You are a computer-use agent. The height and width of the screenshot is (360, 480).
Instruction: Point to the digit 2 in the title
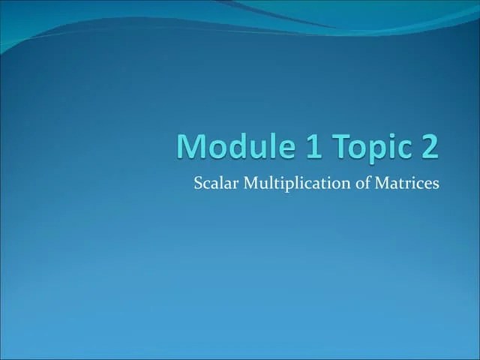[427, 145]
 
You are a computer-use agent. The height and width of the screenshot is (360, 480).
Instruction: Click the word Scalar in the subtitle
[213, 183]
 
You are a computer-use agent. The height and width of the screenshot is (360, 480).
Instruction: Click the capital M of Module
[192, 145]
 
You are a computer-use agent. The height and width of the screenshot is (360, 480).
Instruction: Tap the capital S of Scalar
[198, 183]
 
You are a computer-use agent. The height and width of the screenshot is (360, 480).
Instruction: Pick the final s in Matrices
[435, 184]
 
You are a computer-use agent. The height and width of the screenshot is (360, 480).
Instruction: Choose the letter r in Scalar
[229, 184]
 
